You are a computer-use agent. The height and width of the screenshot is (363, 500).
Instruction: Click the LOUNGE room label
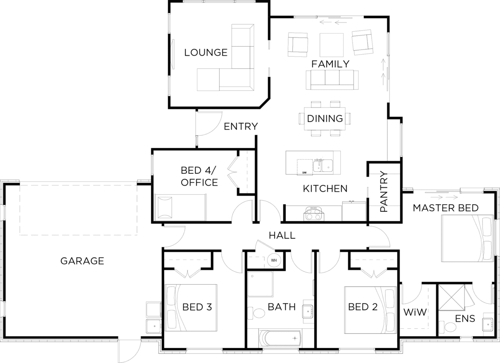click(205, 53)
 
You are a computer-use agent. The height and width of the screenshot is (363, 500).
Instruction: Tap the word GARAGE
click(82, 261)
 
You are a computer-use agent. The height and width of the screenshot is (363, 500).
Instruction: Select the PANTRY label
click(384, 191)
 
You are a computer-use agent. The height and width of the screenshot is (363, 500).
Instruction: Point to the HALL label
click(282, 235)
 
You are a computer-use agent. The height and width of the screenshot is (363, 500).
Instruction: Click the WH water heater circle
click(274, 260)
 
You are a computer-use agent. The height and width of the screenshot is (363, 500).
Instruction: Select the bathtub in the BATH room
click(280, 338)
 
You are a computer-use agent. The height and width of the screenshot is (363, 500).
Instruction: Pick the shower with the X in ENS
click(451, 298)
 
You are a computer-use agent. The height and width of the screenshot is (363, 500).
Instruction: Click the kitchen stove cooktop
click(312, 214)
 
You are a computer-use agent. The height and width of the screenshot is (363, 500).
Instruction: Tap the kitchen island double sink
click(323, 165)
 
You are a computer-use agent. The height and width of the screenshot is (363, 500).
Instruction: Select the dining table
click(325, 118)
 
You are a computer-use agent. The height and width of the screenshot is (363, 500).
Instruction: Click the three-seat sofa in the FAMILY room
click(332, 80)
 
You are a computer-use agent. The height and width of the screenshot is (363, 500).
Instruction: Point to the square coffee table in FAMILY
click(332, 45)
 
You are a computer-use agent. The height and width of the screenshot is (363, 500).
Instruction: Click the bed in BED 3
click(191, 308)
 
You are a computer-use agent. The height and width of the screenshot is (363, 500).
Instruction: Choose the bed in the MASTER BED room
click(467, 238)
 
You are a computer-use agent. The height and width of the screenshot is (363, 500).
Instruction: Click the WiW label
click(415, 312)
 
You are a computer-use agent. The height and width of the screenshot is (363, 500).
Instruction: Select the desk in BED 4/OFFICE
click(180, 208)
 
